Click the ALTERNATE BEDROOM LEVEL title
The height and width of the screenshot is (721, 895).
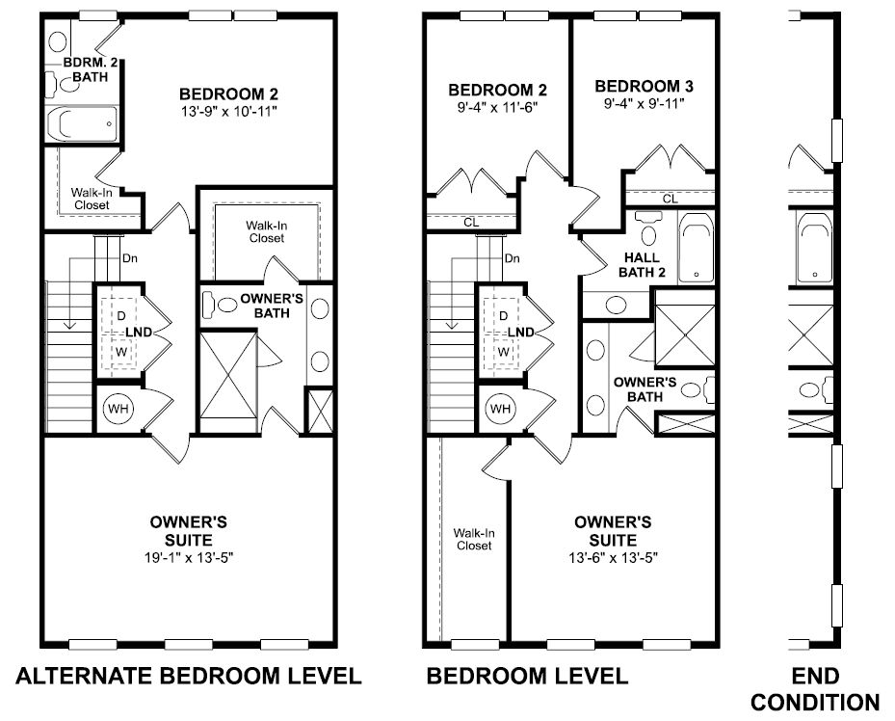click(x=189, y=676)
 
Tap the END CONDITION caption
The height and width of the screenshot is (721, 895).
click(x=815, y=689)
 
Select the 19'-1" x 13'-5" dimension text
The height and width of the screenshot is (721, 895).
click(x=189, y=558)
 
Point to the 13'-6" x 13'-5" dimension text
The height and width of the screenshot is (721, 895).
click(x=613, y=558)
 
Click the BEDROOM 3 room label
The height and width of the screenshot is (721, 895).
click(x=644, y=86)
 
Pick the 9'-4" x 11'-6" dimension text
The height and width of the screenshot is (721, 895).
click(x=498, y=107)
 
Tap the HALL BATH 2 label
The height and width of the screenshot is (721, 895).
click(x=643, y=265)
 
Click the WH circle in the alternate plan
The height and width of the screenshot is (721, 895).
click(x=118, y=408)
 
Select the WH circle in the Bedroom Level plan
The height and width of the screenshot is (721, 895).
click(x=501, y=408)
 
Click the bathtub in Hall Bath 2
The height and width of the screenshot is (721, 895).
click(x=696, y=249)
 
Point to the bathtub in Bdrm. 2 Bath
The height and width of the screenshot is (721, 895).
click(x=82, y=123)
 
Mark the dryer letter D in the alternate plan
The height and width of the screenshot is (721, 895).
click(x=121, y=316)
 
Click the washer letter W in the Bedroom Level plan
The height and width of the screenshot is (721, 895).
click(x=504, y=352)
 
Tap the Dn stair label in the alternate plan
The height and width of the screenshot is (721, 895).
click(x=129, y=258)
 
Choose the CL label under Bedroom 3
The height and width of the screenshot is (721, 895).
click(x=671, y=199)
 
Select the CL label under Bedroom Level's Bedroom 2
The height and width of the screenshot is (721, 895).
click(x=471, y=222)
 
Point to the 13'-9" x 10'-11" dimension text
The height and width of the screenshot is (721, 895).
click(x=229, y=111)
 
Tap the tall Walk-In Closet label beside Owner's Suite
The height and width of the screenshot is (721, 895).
click(x=474, y=539)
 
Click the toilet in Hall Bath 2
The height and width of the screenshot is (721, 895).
click(x=648, y=227)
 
